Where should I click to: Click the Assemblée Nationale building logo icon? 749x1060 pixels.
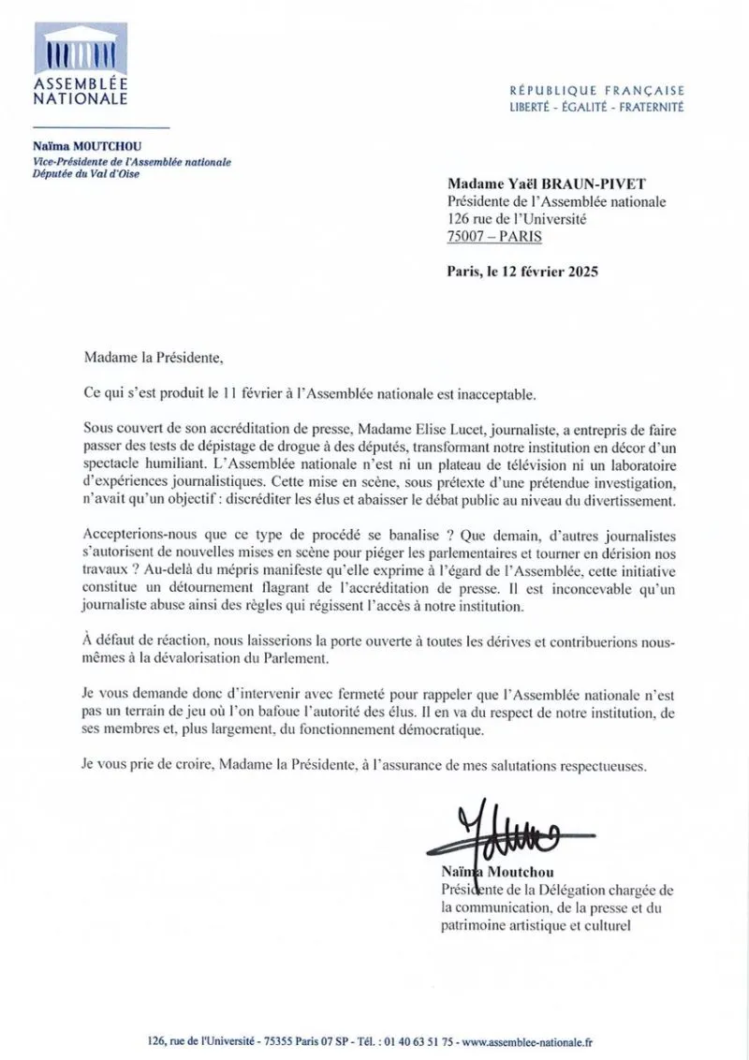tap(79, 48)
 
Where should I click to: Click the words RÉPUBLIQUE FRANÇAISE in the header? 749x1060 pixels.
tap(596, 91)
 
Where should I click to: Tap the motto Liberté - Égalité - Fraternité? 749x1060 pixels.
tap(596, 107)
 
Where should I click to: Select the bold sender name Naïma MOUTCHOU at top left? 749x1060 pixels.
tap(81, 148)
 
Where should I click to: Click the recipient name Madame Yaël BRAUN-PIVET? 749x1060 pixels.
tap(532, 185)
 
